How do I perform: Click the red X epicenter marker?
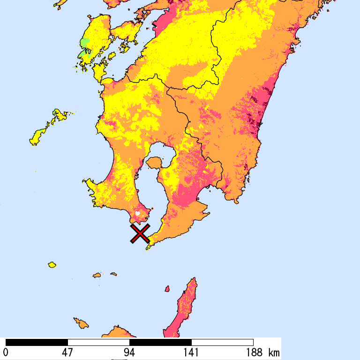[140, 233]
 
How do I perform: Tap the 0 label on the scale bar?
[6, 352]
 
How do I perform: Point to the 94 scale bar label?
[129, 352]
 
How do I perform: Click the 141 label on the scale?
[191, 352]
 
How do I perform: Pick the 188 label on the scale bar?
[253, 352]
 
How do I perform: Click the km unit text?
[274, 352]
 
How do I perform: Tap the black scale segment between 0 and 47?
[37, 342]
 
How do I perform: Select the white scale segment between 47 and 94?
[98, 342]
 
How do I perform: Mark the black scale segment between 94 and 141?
[160, 342]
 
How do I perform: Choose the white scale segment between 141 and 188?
[222, 342]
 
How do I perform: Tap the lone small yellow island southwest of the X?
[52, 265]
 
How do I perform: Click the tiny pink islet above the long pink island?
[166, 289]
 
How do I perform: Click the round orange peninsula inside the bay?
[153, 163]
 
